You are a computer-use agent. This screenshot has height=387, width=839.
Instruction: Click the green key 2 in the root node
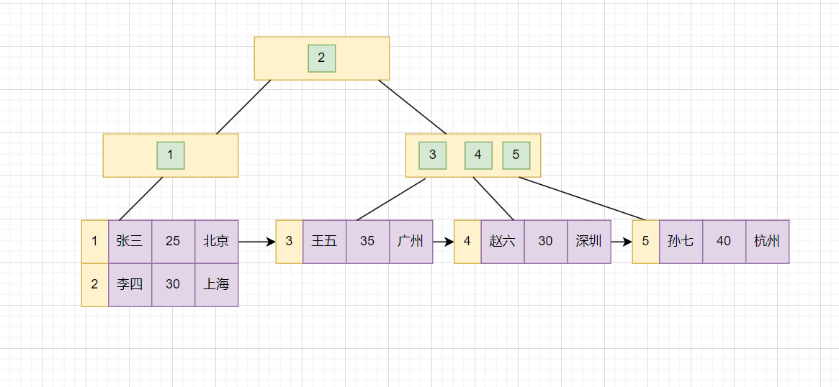point(321,58)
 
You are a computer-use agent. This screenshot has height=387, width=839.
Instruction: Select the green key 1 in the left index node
point(171,155)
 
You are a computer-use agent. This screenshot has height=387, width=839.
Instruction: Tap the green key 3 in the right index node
point(432,155)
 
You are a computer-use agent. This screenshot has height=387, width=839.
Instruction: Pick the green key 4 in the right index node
point(478,155)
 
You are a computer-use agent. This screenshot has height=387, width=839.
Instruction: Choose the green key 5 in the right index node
point(516,155)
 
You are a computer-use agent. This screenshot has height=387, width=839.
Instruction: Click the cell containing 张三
point(130,242)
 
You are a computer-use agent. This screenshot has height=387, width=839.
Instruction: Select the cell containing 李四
point(130,285)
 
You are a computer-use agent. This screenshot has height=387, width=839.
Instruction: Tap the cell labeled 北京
point(216,242)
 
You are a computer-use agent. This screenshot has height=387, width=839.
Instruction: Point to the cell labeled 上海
point(216,285)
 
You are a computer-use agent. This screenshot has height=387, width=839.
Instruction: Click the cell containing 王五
point(324,242)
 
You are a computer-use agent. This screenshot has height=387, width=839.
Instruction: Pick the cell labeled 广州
point(410,242)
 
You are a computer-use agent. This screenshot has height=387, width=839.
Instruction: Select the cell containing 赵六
point(502,242)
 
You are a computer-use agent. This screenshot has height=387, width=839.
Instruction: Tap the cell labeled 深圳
point(588,242)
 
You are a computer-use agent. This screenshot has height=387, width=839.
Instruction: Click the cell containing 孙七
point(681,242)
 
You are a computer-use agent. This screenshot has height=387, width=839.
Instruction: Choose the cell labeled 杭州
point(767,242)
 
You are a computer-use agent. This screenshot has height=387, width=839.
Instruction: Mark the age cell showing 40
point(724,242)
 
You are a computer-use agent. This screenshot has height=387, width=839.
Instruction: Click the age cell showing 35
point(367,242)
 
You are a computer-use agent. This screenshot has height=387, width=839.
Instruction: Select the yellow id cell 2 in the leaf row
point(94,285)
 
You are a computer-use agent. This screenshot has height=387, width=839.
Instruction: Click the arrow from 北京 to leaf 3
point(256,242)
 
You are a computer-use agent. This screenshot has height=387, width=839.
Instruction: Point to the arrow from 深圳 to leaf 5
point(621,242)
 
